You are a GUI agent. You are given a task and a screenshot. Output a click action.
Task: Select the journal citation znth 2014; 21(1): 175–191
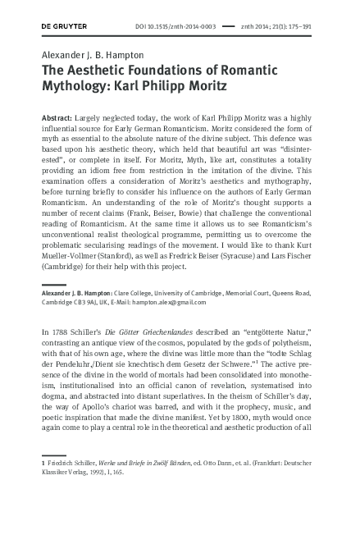(283, 26)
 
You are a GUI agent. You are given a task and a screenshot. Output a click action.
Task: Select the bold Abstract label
(57, 118)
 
